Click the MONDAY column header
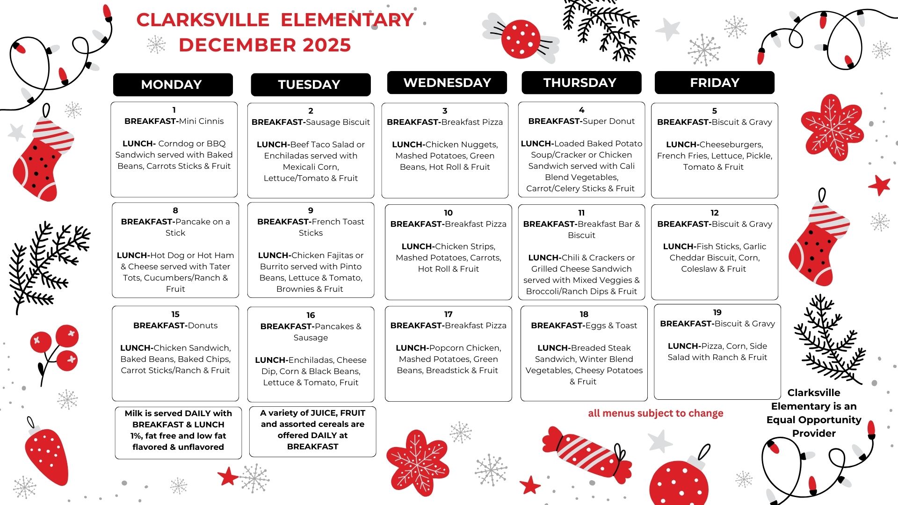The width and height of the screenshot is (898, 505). [172, 85]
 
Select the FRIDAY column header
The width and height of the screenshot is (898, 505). [714, 83]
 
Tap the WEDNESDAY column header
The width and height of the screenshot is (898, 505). [447, 83]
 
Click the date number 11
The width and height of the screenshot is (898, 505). [581, 213]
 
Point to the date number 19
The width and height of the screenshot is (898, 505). [717, 312]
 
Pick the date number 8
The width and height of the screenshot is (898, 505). [175, 210]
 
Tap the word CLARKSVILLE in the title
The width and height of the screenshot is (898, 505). [203, 20]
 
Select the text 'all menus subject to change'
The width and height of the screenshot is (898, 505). [655, 413]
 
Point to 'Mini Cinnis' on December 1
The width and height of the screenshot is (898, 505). [201, 121]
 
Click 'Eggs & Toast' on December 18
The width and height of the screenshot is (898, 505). [608, 325]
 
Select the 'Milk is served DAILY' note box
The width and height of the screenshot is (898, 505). [178, 433]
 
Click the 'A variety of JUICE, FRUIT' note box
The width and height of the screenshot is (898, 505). [312, 431]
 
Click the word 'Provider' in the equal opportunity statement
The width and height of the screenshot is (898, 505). [814, 433]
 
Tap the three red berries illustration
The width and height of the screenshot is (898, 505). [56, 348]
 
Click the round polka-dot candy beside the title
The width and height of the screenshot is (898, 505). [521, 38]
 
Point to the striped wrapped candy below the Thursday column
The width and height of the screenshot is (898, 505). [587, 454]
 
